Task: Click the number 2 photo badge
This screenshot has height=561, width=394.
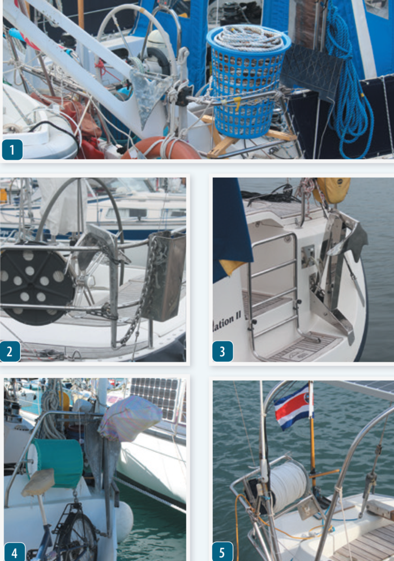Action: (10, 352)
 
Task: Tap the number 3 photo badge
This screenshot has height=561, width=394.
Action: (222, 352)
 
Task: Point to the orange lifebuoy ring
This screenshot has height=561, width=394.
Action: (164, 148)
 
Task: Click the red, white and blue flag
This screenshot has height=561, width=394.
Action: (292, 406)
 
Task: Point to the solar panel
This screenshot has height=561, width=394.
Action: (156, 400)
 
